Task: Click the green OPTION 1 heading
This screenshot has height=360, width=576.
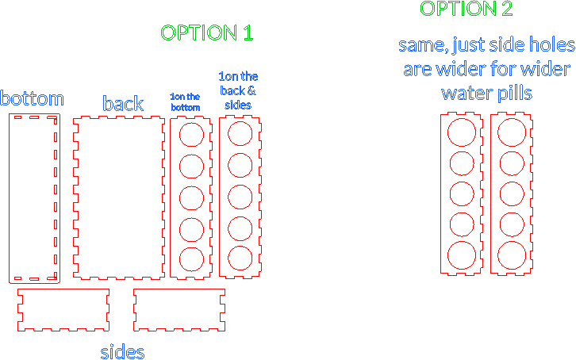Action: click(207, 33)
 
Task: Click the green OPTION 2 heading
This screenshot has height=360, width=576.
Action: click(467, 9)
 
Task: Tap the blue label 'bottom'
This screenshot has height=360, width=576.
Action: click(32, 98)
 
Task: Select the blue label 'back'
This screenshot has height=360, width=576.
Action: click(123, 103)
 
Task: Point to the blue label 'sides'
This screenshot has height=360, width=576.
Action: click(122, 352)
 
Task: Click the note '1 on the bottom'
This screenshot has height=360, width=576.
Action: click(185, 102)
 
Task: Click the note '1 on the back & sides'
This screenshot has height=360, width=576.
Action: click(238, 90)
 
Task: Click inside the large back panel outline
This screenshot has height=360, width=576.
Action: click(119, 197)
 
